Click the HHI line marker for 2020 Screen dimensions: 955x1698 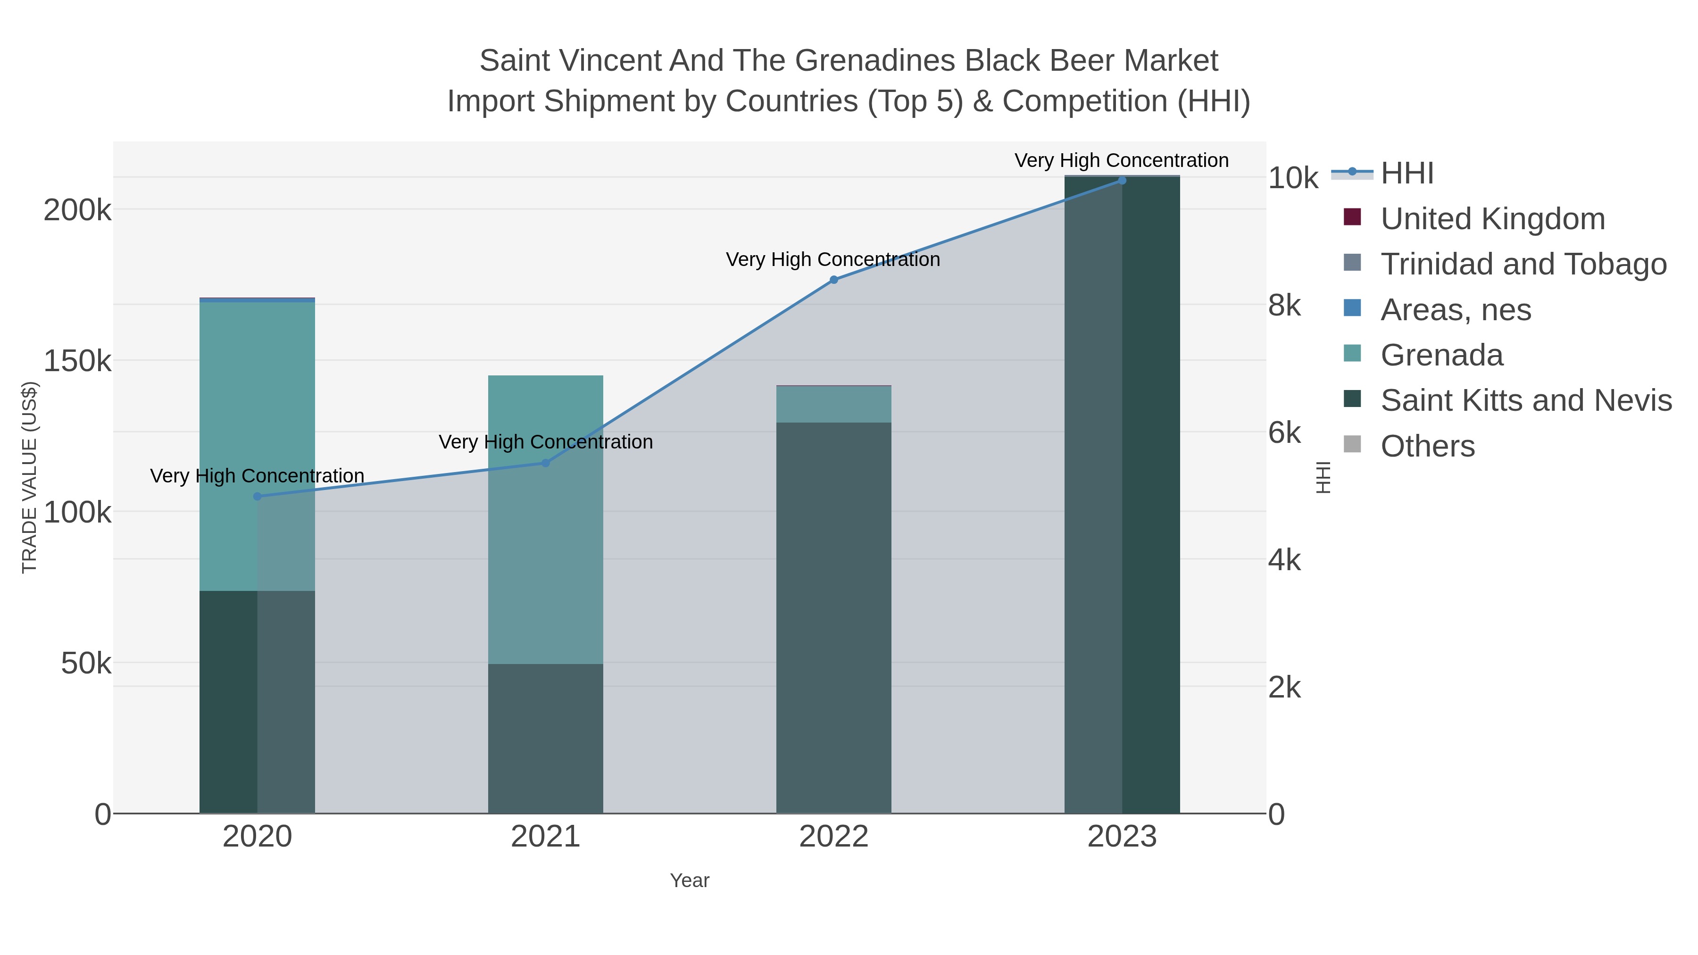[257, 496]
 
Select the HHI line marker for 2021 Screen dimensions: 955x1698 [545, 463]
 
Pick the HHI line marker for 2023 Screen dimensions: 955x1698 [1122, 180]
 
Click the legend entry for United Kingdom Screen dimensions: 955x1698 [1492, 219]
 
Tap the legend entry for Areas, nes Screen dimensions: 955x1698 [1456, 310]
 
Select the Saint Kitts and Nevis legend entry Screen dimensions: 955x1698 [1526, 401]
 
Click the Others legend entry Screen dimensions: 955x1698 [1427, 446]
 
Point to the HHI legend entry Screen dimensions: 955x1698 [1407, 174]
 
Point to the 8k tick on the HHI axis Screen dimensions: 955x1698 [1284, 306]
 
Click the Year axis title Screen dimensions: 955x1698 [690, 880]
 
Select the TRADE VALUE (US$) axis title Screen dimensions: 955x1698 [30, 477]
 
